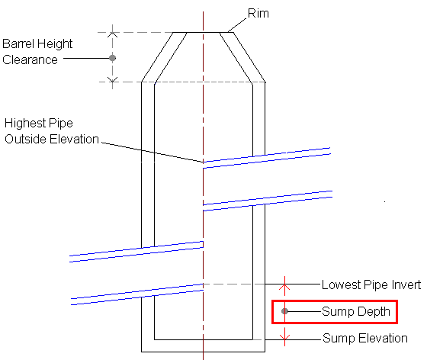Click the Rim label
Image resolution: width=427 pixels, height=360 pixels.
pyautogui.click(x=258, y=13)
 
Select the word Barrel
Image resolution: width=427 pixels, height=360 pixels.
pyautogui.click(x=18, y=43)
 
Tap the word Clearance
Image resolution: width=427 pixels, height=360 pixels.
pyautogui.click(x=30, y=60)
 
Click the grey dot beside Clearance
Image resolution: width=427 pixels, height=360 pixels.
pyautogui.click(x=113, y=58)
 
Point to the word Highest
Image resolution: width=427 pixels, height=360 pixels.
pyautogui.click(x=24, y=123)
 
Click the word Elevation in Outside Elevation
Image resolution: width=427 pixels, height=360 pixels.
pyautogui.click(x=75, y=139)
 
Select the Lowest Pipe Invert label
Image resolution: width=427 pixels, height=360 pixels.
pyautogui.click(x=371, y=284)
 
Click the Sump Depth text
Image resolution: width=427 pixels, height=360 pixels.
pyautogui.click(x=356, y=311)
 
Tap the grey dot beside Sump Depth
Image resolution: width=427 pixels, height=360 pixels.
pyautogui.click(x=284, y=311)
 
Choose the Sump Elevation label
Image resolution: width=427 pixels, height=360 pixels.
pyautogui.click(x=365, y=338)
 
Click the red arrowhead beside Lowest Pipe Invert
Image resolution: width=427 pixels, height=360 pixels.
pyautogui.click(x=285, y=287)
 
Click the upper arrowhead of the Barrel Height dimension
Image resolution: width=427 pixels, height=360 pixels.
pyautogui.click(x=113, y=34)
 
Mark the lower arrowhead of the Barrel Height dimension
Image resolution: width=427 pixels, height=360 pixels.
pyautogui.click(x=113, y=79)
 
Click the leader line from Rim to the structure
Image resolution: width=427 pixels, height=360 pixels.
pyautogui.click(x=237, y=25)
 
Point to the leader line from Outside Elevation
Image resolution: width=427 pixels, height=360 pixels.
pyautogui.click(x=152, y=153)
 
